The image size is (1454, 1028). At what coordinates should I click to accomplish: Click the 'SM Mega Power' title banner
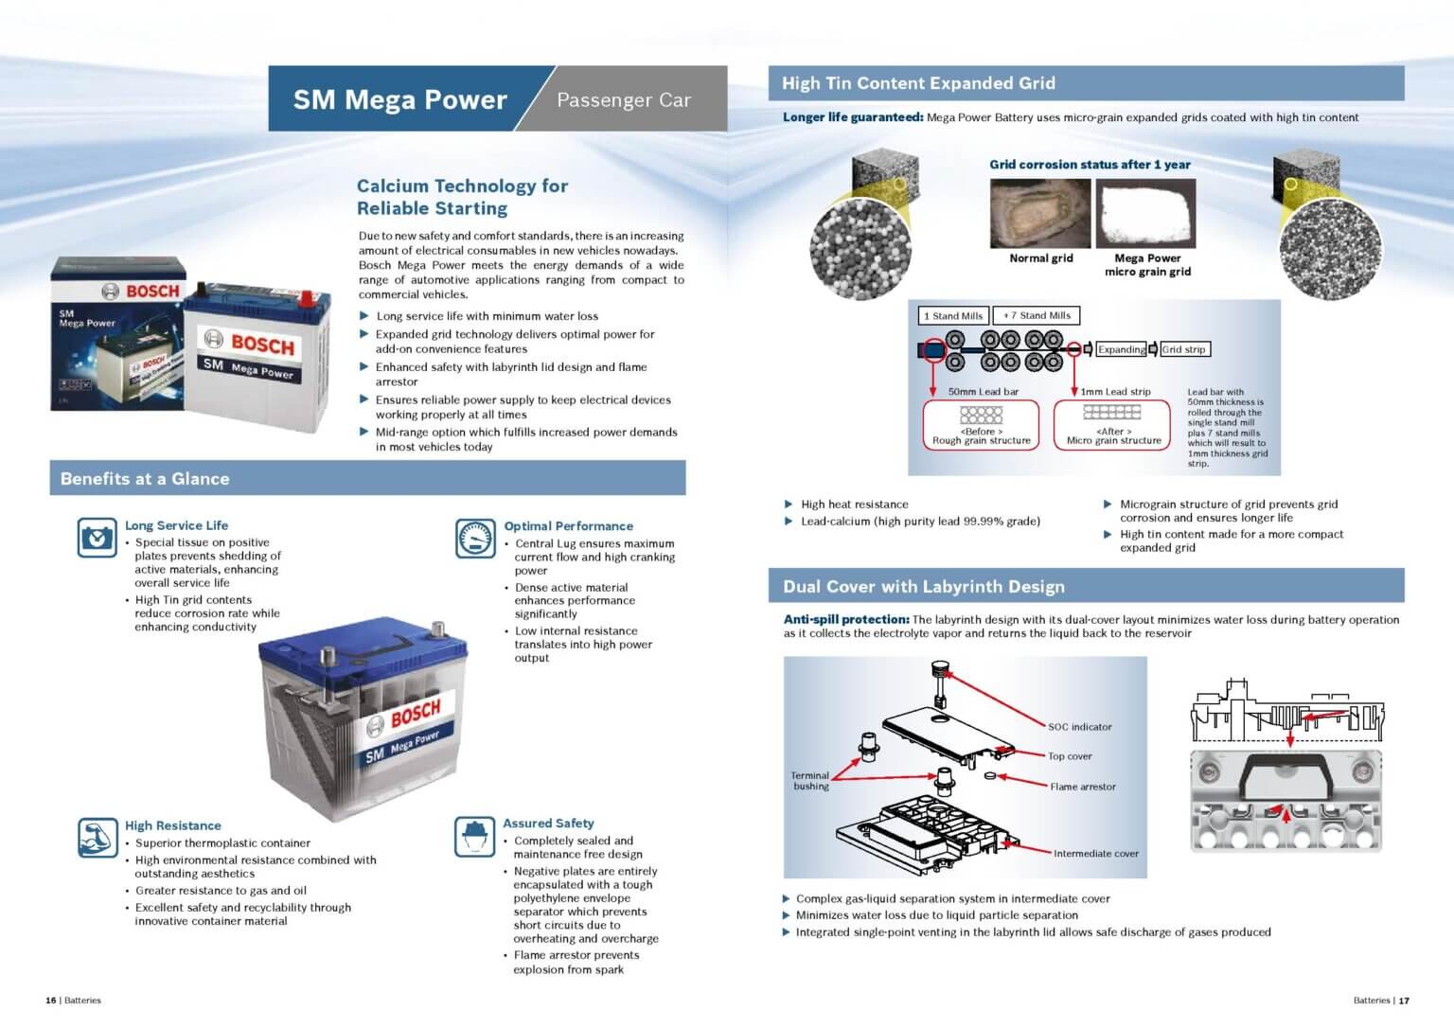pos(399,99)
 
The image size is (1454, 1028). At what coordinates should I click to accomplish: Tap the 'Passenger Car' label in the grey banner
pos(623,99)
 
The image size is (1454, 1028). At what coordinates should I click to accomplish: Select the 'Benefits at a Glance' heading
pos(145,479)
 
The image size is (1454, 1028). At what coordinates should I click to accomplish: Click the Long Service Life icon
pos(97,538)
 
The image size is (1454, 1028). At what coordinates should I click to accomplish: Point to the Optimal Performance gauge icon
pos(475,539)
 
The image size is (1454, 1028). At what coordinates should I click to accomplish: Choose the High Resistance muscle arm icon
pos(97,838)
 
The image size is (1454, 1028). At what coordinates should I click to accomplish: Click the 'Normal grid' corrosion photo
pos(1039,214)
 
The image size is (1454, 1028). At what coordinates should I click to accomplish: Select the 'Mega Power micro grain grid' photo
pos(1145,214)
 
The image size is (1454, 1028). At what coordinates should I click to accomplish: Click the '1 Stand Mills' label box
pos(953,316)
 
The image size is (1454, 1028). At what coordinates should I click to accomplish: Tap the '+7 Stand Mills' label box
pos(1037,316)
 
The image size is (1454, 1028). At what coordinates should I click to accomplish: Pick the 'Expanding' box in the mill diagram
pos(1122,349)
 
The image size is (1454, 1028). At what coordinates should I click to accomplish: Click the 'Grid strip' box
pos(1184,349)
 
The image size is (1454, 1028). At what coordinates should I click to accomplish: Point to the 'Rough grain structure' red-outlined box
pos(981,425)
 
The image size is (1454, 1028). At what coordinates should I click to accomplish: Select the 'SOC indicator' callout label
pos(1079,727)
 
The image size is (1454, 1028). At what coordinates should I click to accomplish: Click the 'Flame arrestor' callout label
pos(1082,787)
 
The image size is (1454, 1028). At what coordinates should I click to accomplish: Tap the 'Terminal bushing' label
pos(810,781)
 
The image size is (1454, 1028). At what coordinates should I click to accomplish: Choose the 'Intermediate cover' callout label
pos(1095,854)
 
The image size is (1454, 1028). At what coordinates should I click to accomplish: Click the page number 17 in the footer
pos(1405,1001)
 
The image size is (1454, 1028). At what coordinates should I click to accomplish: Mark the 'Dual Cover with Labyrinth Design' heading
pos(923,587)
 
